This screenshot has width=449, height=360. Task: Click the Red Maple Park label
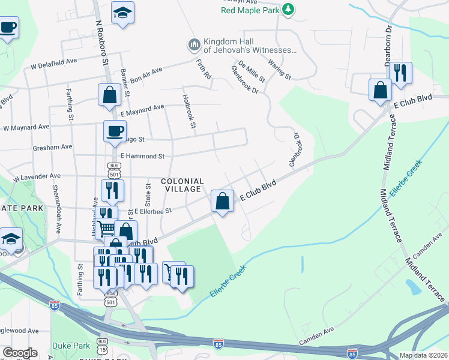[x=250, y=10]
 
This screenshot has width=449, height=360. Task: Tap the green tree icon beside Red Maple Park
[x=289, y=9]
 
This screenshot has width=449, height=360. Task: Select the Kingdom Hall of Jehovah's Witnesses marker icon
[x=193, y=45]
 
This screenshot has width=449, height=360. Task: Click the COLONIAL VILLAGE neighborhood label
[x=182, y=185]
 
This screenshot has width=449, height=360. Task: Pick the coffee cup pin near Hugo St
[x=115, y=131]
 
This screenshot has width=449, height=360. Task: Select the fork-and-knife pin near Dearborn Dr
[x=400, y=73]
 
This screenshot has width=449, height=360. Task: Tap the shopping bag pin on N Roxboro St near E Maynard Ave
[x=110, y=95]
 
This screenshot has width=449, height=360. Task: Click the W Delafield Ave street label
[x=55, y=62]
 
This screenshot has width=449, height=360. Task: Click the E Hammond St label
[x=142, y=156]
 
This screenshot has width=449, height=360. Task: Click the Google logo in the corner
[x=20, y=353]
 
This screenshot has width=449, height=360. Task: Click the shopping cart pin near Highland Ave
[x=106, y=227]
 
